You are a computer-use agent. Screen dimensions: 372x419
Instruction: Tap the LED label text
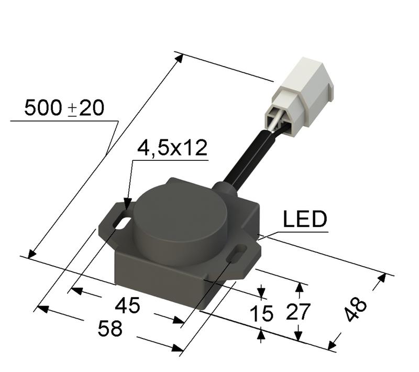click(305, 220)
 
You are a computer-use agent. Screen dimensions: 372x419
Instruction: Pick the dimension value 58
click(110, 329)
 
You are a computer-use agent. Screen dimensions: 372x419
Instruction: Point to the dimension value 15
click(261, 313)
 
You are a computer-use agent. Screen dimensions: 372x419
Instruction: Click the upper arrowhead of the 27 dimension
click(299, 288)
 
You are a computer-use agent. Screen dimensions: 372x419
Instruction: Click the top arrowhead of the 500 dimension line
click(179, 57)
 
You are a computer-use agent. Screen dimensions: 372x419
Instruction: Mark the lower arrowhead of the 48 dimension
click(332, 344)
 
